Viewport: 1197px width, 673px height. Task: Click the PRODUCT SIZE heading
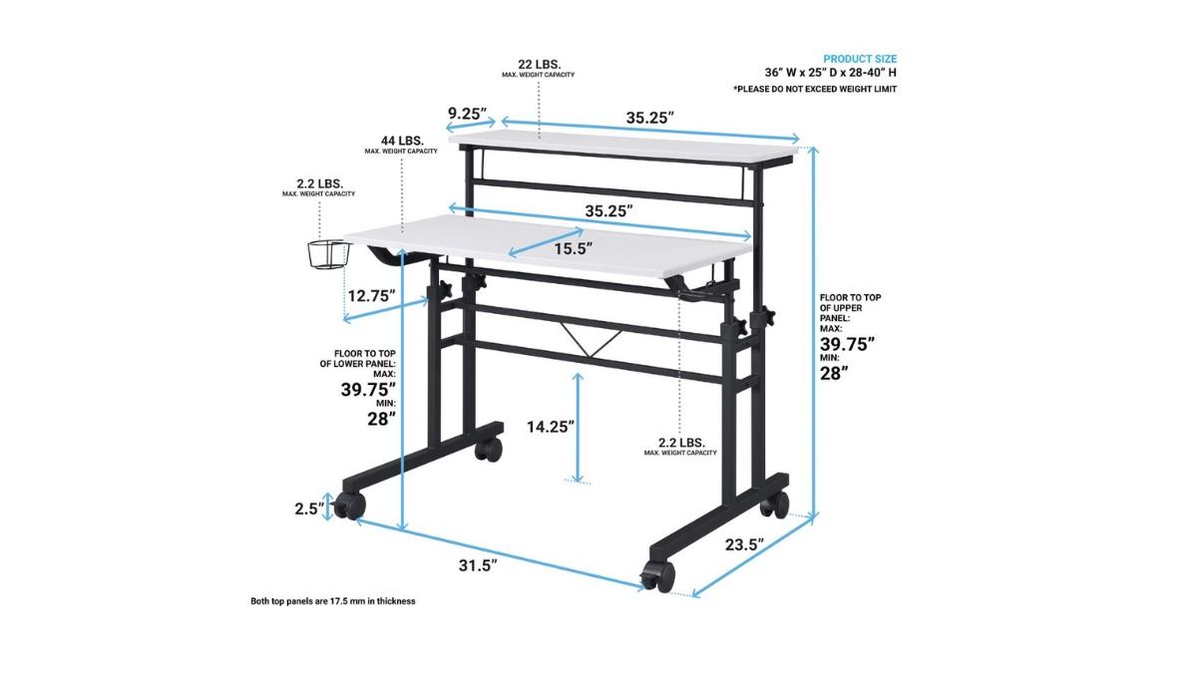(x=860, y=59)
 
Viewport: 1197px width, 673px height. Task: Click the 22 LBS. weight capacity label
(x=539, y=64)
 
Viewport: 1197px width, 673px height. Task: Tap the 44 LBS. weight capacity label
(x=401, y=141)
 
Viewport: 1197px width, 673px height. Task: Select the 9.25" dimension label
(x=467, y=114)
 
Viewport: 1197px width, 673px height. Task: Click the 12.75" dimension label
(x=371, y=295)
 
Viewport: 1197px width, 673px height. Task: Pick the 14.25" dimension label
(x=551, y=427)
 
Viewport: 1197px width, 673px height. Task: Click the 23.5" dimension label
(x=743, y=544)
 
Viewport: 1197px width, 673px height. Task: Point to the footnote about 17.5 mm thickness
(x=332, y=601)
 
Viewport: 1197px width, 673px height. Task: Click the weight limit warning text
(x=815, y=89)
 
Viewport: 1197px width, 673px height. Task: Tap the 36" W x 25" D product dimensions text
(x=830, y=73)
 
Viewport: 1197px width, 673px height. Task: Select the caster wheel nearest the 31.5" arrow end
(x=656, y=576)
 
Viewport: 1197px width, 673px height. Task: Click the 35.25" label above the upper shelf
(x=650, y=118)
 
